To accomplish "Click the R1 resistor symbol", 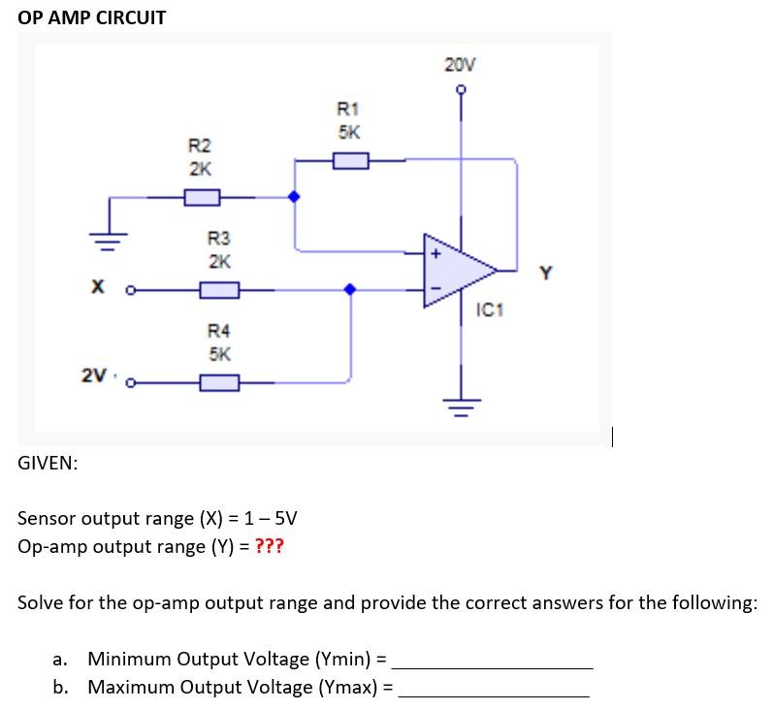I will click(350, 160).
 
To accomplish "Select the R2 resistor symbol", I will click(201, 197).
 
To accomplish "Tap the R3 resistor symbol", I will click(219, 289).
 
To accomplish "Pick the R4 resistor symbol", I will click(219, 382).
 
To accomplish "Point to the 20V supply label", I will click(461, 66).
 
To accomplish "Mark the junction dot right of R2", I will click(295, 197).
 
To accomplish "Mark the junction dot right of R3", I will click(350, 289).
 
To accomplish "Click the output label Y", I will click(545, 274).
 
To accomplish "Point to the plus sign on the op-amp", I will click(435, 254).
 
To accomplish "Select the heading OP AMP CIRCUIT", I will click(92, 17).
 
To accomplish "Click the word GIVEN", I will click(48, 463).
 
